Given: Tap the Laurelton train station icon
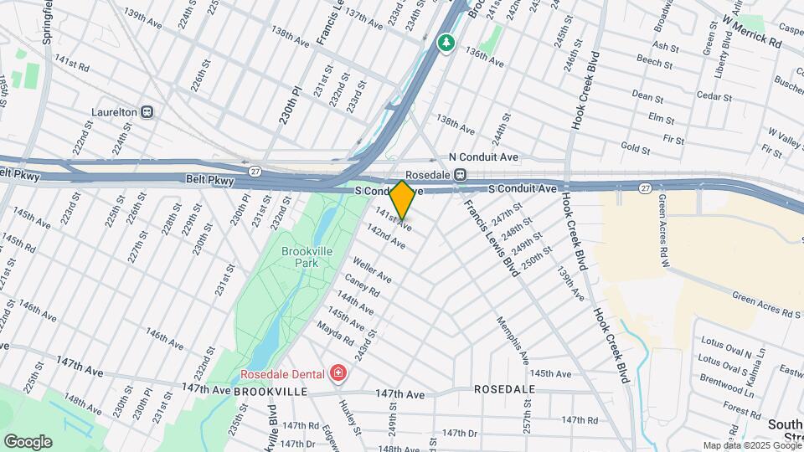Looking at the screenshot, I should (x=147, y=110).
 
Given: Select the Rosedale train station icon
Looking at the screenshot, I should (x=461, y=174).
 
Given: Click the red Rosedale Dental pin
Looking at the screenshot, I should (x=338, y=372).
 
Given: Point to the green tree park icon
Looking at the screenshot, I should (x=447, y=42).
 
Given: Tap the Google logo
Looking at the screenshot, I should (x=28, y=441).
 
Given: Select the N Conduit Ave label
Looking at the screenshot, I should (x=484, y=157).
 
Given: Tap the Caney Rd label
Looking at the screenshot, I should (x=361, y=286).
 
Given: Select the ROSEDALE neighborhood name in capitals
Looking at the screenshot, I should (x=504, y=390).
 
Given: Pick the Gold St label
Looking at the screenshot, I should (x=636, y=148).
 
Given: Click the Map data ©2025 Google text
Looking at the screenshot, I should (x=751, y=445).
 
